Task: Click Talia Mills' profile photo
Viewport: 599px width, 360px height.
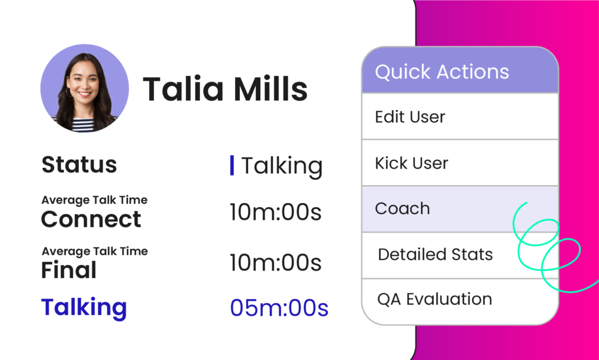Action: pyautogui.click(x=84, y=88)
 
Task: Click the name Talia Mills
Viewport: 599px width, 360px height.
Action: pyautogui.click(x=225, y=88)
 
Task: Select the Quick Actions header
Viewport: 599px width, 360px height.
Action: pyautogui.click(x=460, y=70)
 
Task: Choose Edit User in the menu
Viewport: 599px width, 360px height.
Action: pyautogui.click(x=410, y=117)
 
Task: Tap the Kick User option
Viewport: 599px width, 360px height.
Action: pyautogui.click(x=411, y=163)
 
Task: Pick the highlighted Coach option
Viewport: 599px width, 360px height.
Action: pyautogui.click(x=402, y=208)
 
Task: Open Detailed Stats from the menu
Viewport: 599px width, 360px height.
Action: pyautogui.click(x=435, y=255)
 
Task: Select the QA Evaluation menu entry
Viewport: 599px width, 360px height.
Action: pyautogui.click(x=435, y=299)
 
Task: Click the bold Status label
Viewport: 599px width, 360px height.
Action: pyautogui.click(x=79, y=164)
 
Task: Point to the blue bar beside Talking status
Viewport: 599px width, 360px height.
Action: pyautogui.click(x=232, y=166)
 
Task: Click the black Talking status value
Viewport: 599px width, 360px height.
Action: pyautogui.click(x=282, y=166)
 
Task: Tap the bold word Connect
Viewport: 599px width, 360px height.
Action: pyautogui.click(x=91, y=219)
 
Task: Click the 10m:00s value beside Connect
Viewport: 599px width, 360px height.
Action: pyautogui.click(x=276, y=212)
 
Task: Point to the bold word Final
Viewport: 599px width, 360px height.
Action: pyautogui.click(x=69, y=270)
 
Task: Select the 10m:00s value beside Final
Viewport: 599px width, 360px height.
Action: pyautogui.click(x=276, y=263)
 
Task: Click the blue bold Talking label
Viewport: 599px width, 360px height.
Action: pyautogui.click(x=84, y=308)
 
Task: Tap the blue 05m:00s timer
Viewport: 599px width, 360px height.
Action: pyautogui.click(x=279, y=308)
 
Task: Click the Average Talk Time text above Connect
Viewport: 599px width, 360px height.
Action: pyautogui.click(x=94, y=200)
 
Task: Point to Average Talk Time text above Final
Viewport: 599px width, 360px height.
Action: pyautogui.click(x=95, y=251)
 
